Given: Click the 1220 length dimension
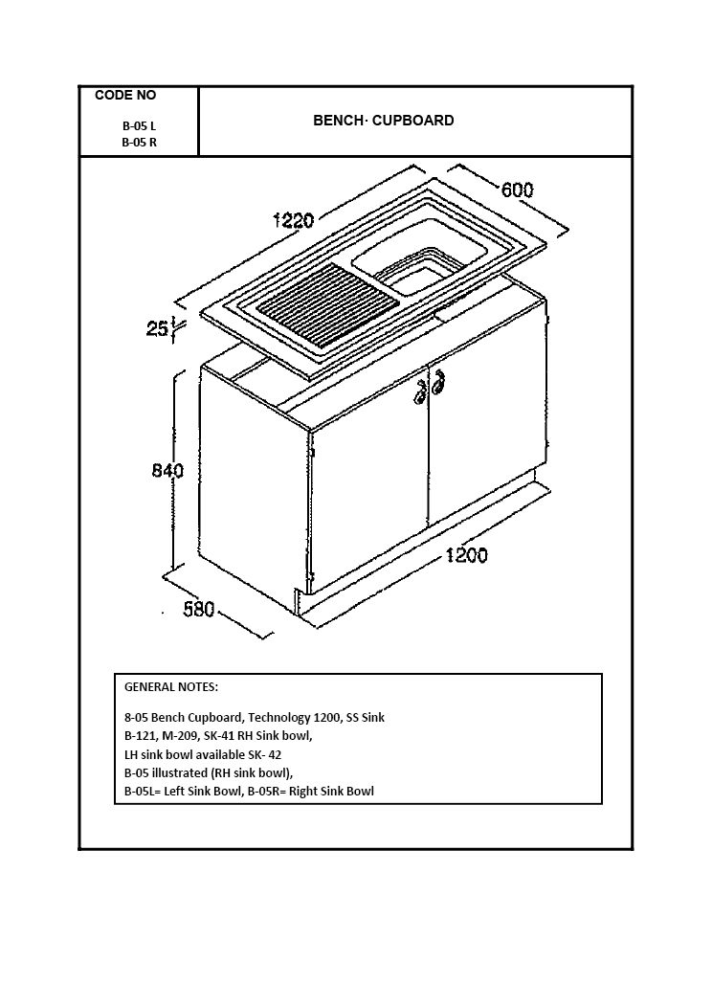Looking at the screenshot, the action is (294, 221).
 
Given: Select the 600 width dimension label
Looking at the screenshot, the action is (517, 190).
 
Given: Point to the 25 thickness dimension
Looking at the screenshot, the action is (157, 329).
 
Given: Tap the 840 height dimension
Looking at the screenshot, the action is (167, 470).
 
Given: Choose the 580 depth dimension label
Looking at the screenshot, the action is (199, 609).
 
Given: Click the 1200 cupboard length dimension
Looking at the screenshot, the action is (466, 555).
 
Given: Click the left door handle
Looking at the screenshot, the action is (419, 392).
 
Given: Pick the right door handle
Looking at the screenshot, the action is (438, 385).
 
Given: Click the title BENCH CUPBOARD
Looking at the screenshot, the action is (384, 121).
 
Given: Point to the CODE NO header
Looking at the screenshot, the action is (125, 95).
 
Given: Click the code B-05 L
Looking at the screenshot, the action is (139, 126).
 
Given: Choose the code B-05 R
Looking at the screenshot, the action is (139, 143).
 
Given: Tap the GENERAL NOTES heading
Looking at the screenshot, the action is (171, 687).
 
